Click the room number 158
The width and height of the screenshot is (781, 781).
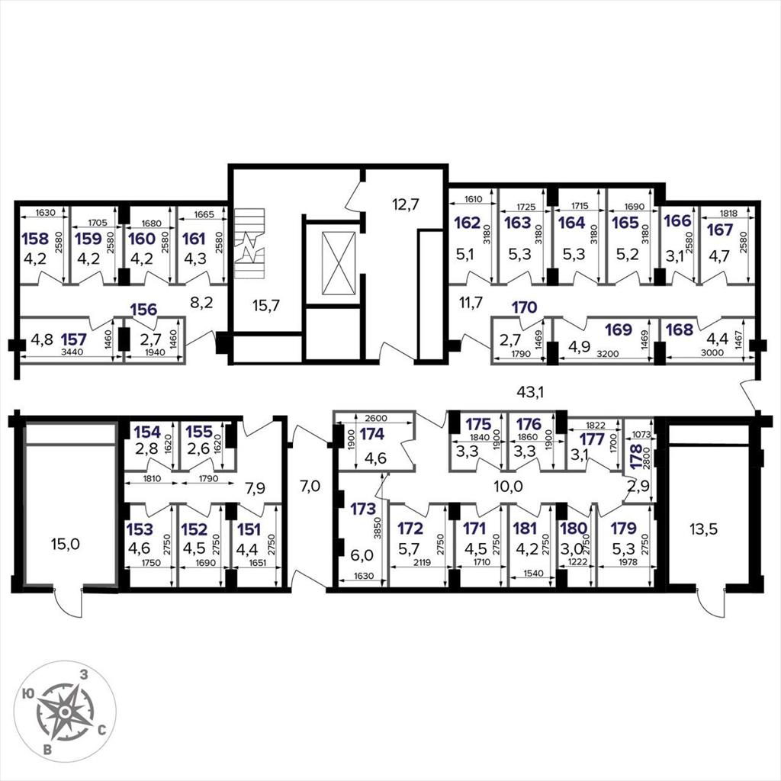point(35,239)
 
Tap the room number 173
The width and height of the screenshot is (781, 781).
point(362,509)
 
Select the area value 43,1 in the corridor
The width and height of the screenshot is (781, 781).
point(530,393)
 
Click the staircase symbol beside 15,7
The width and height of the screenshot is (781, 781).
point(249,243)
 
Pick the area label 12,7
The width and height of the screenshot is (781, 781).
point(405,204)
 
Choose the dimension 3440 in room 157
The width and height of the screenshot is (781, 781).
point(72,352)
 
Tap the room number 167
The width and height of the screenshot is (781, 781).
point(720,230)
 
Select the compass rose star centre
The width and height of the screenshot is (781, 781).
point(64,712)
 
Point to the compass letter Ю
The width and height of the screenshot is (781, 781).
point(28,694)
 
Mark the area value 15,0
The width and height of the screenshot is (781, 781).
point(66,544)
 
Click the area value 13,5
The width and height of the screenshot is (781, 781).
point(703,529)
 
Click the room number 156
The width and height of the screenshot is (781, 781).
point(143,310)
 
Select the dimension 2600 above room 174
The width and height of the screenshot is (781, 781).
point(376,419)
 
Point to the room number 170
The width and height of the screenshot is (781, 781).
point(525,307)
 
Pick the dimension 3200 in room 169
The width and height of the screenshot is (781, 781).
point(608,354)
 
